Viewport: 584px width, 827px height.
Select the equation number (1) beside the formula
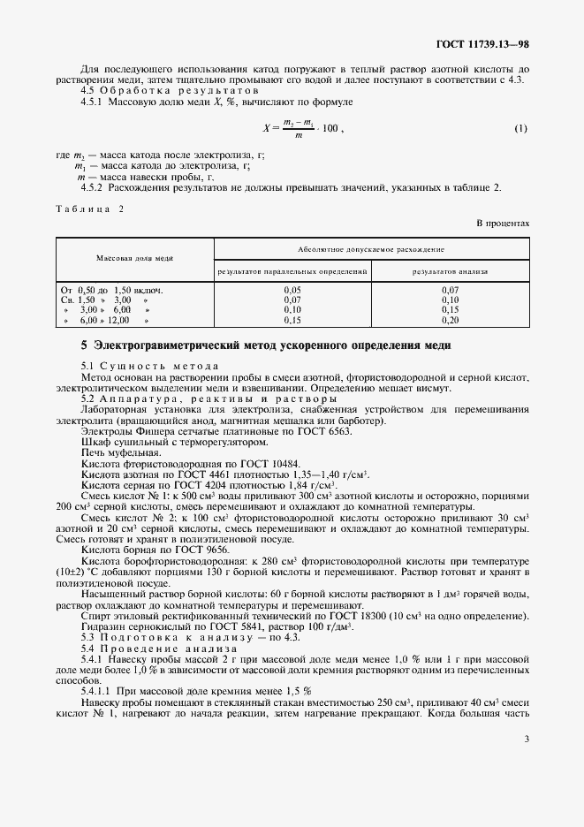520,128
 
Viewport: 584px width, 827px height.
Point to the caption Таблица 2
90,209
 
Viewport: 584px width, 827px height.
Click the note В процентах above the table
503,224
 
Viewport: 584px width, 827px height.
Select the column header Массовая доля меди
134,258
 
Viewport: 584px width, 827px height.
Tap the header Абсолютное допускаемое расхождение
371,250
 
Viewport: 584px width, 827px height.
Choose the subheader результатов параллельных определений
292,271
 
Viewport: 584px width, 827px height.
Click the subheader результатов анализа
450,271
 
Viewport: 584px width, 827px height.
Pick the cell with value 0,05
292,290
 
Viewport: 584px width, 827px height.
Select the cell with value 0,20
450,320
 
